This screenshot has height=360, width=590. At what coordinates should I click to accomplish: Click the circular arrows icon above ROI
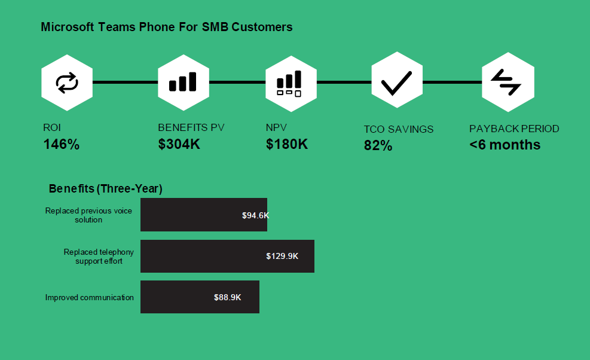pyautogui.click(x=67, y=83)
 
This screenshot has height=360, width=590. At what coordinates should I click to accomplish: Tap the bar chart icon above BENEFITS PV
pyautogui.click(x=183, y=82)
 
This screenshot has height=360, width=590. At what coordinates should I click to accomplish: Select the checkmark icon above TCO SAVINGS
pyautogui.click(x=396, y=83)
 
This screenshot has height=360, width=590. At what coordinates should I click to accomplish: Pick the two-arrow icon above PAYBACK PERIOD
pyautogui.click(x=506, y=82)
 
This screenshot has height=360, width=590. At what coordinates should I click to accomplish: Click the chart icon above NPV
pyautogui.click(x=289, y=84)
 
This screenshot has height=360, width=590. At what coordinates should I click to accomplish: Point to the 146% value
pyautogui.click(x=62, y=144)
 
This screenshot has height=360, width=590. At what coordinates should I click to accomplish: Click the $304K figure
pyautogui.click(x=179, y=144)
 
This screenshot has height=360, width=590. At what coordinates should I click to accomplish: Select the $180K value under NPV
pyautogui.click(x=287, y=144)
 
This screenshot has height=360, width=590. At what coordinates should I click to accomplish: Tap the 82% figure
pyautogui.click(x=378, y=145)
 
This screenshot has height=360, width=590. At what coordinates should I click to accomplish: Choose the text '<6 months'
pyautogui.click(x=505, y=145)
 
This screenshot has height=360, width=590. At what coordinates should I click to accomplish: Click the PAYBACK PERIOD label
pyautogui.click(x=514, y=129)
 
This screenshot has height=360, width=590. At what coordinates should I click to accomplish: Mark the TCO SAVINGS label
pyautogui.click(x=399, y=129)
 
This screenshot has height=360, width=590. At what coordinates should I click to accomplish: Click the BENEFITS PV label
pyautogui.click(x=191, y=127)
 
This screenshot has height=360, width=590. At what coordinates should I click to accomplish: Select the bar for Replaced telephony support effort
pyautogui.click(x=227, y=256)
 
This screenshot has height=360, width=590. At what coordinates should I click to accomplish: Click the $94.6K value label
pyautogui.click(x=255, y=215)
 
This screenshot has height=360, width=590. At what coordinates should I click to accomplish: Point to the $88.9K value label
pyautogui.click(x=227, y=297)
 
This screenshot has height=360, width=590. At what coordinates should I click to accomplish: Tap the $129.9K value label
pyautogui.click(x=282, y=256)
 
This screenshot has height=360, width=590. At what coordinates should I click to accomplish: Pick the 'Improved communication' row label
pyautogui.click(x=89, y=297)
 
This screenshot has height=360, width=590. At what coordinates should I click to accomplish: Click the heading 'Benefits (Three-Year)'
pyautogui.click(x=105, y=188)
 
